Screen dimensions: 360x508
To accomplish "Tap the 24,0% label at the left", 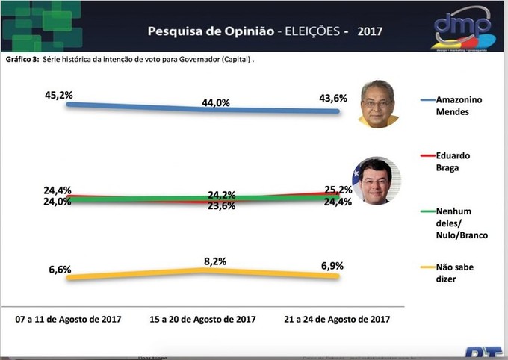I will coord(58,202).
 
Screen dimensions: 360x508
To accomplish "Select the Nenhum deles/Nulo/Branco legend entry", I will coord(461,223).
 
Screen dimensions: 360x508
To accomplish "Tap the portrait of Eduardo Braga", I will coord(379,181).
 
